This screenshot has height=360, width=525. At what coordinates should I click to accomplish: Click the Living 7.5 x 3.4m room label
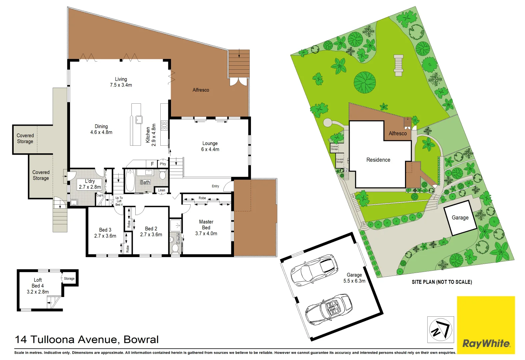click(121, 82)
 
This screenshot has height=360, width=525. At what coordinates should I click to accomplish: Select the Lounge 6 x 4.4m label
click(210, 146)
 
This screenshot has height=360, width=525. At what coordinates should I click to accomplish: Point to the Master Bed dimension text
click(206, 234)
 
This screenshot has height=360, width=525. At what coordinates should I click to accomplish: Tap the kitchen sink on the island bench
click(139, 119)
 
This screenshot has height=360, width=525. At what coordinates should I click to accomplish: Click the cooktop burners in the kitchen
click(164, 126)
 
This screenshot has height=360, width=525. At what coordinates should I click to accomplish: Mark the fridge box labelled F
click(152, 164)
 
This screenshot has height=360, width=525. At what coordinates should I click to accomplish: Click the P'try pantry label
click(163, 164)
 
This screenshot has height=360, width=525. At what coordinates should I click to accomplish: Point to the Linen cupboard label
click(162, 190)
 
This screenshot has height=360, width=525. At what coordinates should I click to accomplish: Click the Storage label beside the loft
click(69, 279)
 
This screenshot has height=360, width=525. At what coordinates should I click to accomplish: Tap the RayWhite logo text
click(486, 343)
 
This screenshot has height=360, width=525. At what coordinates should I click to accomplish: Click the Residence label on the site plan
click(378, 160)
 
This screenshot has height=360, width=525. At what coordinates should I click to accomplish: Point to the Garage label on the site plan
click(460, 218)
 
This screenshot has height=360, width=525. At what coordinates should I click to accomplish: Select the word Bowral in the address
click(141, 340)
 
